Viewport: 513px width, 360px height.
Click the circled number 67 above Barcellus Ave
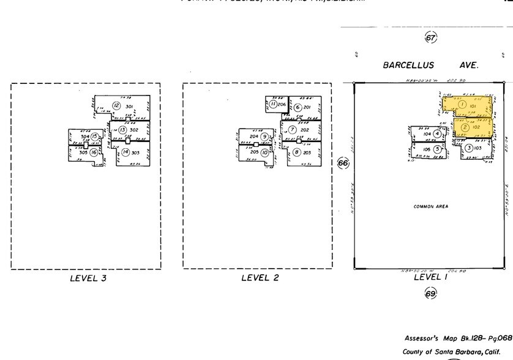430,38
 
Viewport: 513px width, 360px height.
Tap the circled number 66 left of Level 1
343,163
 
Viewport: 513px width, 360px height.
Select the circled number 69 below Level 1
430,294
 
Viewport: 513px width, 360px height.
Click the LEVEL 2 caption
260,278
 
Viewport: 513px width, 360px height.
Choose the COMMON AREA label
430,206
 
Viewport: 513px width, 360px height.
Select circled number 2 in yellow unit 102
465,127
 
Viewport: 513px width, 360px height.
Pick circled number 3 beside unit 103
468,148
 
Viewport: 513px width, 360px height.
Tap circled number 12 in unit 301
116,106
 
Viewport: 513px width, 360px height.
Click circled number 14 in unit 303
125,152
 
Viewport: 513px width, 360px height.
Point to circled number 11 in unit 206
272,104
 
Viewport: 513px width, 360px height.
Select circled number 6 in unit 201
298,108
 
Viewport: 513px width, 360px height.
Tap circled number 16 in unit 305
94,152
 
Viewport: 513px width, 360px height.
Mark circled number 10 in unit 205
264,152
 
